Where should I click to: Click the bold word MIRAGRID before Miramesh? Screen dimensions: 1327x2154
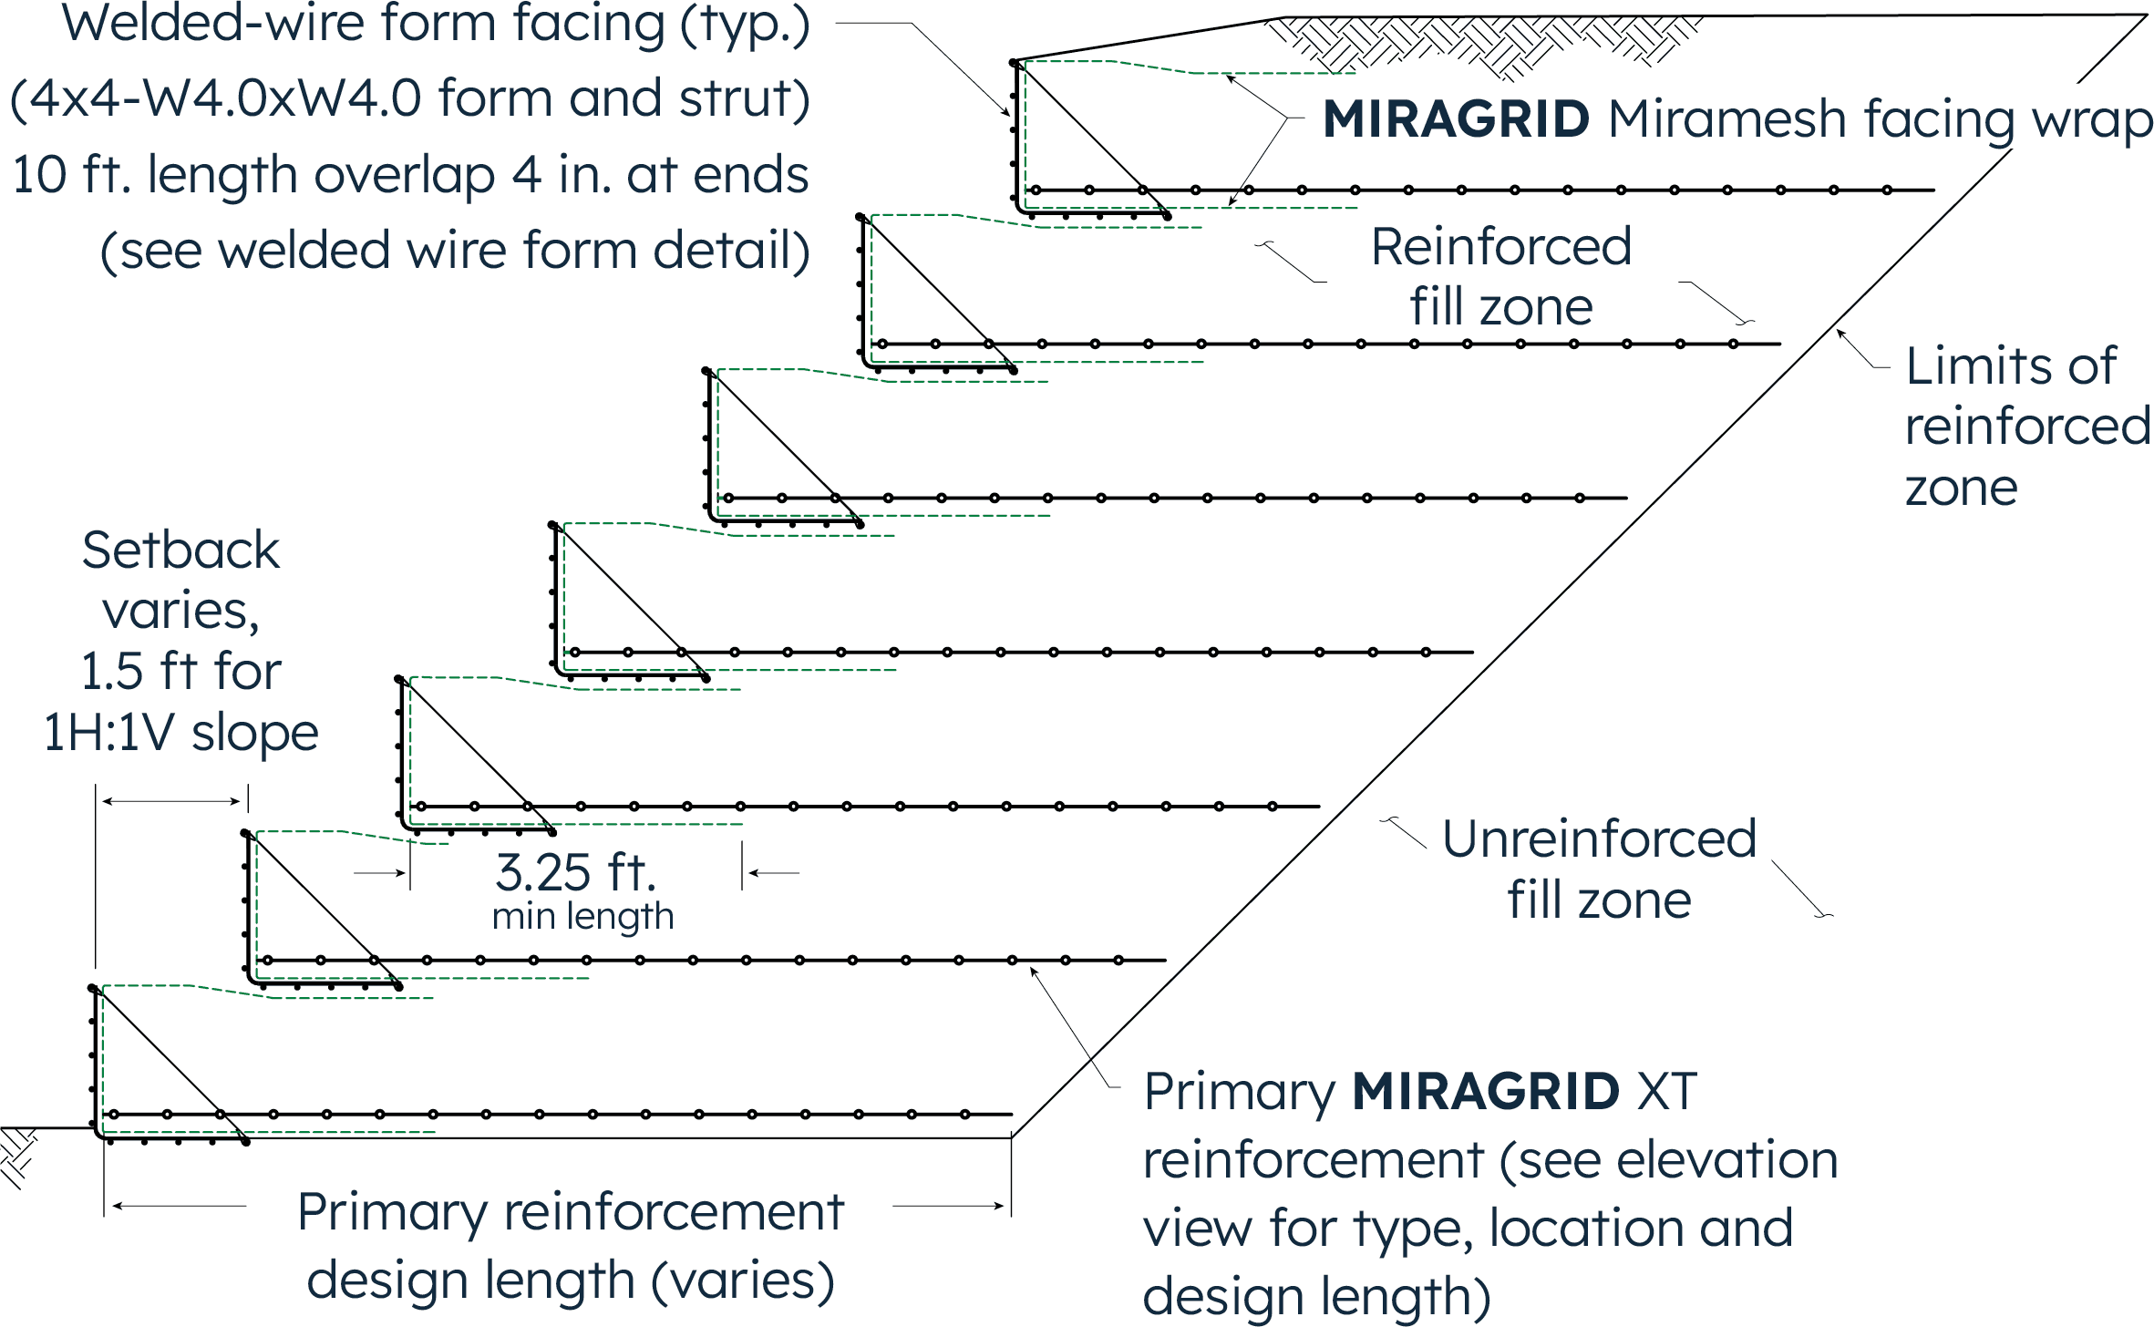(x=1456, y=119)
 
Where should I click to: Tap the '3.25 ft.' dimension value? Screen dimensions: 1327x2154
(x=575, y=873)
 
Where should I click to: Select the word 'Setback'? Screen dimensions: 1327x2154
(x=180, y=550)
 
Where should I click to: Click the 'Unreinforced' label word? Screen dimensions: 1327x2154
(x=1599, y=838)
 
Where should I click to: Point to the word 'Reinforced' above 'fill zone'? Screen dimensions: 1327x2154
(x=1501, y=247)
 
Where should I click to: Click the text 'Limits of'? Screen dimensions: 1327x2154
(x=2010, y=366)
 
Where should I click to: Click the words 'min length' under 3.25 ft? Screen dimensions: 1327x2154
(x=582, y=917)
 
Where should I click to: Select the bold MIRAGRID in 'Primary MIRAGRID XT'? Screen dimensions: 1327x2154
(x=1486, y=1092)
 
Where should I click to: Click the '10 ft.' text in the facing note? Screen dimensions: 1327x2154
(x=68, y=175)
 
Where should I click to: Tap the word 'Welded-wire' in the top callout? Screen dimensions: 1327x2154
(x=213, y=24)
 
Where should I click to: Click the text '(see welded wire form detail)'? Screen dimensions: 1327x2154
(x=455, y=251)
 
